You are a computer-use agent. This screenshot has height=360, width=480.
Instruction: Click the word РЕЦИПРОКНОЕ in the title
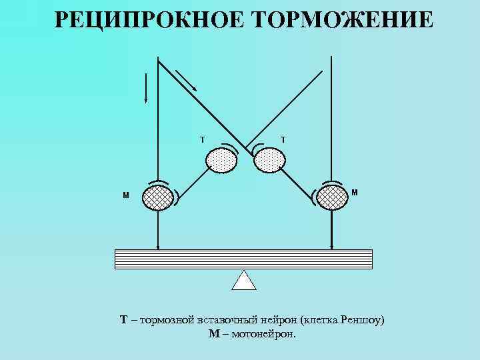143,20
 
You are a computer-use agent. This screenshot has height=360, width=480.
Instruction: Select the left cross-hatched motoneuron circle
159,197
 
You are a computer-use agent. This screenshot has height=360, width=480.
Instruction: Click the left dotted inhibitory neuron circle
221,160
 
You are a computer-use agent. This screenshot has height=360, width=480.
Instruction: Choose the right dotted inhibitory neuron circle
269,160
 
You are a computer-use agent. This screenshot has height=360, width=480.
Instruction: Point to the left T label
203,140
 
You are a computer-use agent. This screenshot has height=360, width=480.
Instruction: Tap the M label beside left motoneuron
125,196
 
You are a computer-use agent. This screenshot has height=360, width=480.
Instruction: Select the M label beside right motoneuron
354,193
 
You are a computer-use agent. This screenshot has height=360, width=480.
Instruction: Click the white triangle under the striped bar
244,281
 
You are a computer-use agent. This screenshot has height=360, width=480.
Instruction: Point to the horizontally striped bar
243,259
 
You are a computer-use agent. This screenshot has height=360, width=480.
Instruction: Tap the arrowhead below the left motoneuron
158,245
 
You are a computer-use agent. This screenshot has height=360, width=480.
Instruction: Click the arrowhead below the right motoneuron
331,245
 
